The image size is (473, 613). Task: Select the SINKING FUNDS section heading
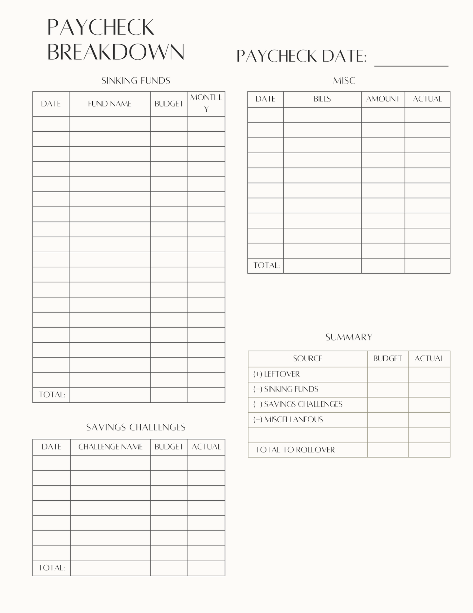point(136,81)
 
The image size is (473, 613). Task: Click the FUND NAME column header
point(110,104)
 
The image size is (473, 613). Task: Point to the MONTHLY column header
point(206,103)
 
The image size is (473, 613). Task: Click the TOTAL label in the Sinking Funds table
point(52,395)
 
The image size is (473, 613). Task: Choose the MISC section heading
point(344,81)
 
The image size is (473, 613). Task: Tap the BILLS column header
point(322,99)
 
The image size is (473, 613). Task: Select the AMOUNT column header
point(383,99)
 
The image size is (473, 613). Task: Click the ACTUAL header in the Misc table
point(427,99)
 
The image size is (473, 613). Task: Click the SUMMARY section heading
point(349,337)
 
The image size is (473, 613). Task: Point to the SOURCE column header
point(308,358)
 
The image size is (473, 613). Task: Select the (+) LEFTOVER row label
point(277,374)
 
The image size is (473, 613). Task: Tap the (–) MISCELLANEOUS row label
point(288,420)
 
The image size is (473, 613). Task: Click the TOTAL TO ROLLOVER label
point(295,450)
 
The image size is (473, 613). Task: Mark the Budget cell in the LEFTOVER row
point(388,374)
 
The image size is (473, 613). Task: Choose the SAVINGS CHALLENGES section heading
point(136,427)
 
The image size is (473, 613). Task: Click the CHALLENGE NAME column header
point(111,447)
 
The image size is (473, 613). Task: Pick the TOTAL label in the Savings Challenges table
point(52,568)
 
